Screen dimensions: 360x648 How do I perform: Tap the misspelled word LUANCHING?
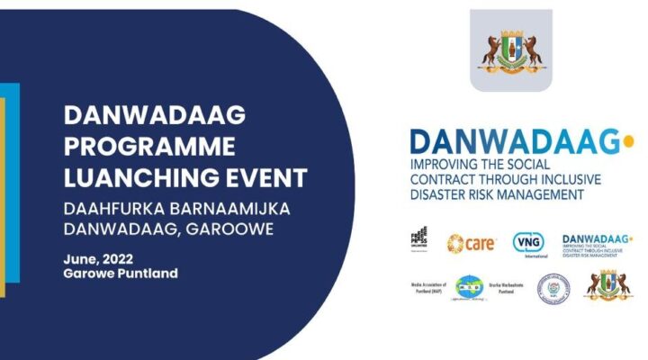tap(137, 175)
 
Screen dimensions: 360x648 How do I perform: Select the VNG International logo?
tap(528, 243)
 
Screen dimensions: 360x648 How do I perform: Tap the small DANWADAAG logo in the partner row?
tap(595, 242)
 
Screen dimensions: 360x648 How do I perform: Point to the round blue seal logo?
tap(553, 287)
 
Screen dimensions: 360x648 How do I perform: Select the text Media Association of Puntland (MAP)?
tap(427, 287)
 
